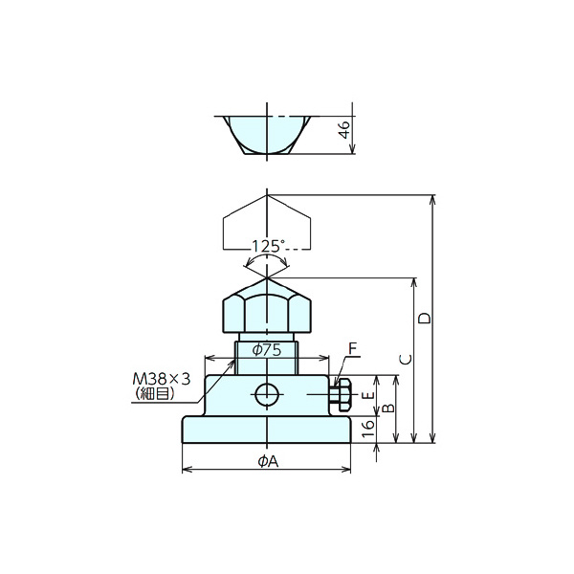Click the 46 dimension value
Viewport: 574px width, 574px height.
345,129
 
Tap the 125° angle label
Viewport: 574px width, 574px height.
268,247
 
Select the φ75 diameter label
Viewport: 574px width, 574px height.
267,350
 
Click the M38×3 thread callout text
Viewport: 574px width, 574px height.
162,379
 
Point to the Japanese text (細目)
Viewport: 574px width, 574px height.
155,394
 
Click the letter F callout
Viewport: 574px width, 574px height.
352,348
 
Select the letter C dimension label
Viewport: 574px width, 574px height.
406,360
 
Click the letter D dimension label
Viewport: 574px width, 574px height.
425,319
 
